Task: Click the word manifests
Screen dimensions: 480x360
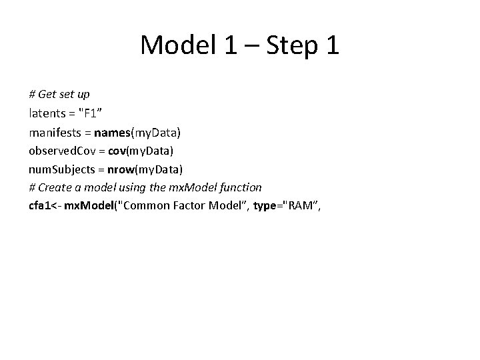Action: click(58, 133)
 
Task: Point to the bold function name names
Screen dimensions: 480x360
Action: click(115, 133)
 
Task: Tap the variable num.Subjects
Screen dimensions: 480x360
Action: click(61, 169)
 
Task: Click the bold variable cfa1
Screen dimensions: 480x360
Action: click(41, 205)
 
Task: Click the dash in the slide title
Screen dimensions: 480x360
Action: click(250, 46)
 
